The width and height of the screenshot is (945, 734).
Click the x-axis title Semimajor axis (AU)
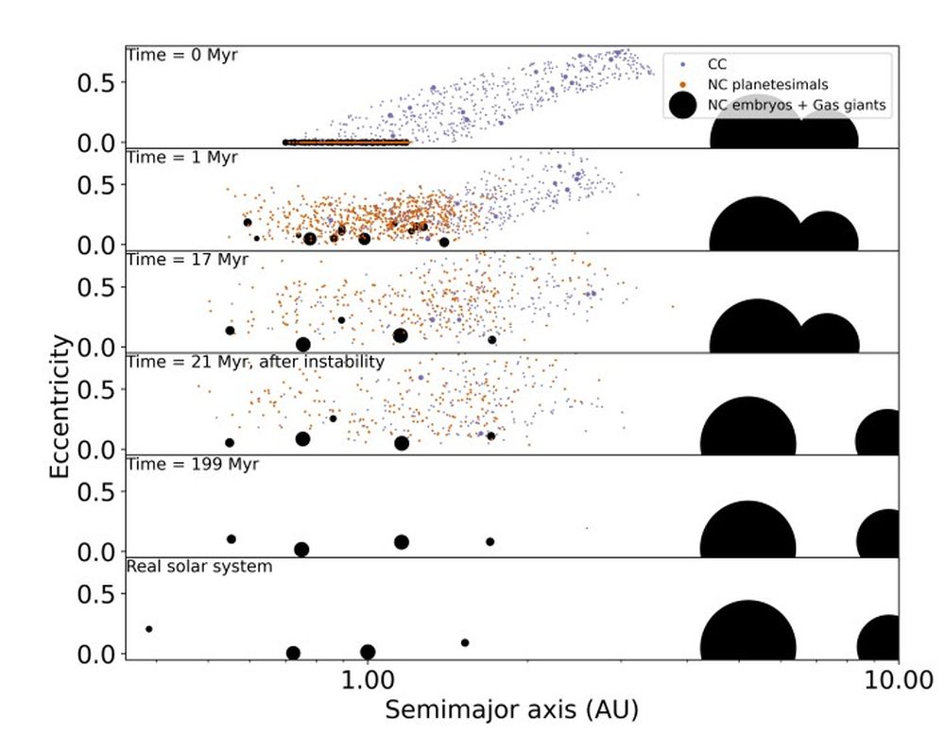coord(511,706)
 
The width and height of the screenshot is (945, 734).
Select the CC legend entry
coord(717,65)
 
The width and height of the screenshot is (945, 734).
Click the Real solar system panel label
coord(199,567)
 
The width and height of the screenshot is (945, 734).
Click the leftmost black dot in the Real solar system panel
coord(149,629)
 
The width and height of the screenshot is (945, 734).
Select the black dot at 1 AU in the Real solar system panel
coord(368,652)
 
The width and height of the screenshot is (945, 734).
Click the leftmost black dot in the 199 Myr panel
coord(231,538)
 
